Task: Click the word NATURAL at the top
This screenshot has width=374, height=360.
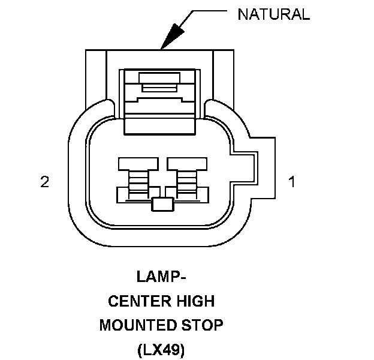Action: pyautogui.click(x=274, y=14)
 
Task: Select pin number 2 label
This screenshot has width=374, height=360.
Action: pyautogui.click(x=44, y=182)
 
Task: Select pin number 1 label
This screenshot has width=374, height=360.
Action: pyautogui.click(x=292, y=182)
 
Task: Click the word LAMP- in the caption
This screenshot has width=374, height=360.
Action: pyautogui.click(x=161, y=277)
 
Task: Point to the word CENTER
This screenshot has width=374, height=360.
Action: pyautogui.click(x=140, y=301)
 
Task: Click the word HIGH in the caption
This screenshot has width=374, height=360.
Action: pyautogui.click(x=195, y=301)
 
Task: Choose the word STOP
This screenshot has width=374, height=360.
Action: pyautogui.click(x=202, y=325)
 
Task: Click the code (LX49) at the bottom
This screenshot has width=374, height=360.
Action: pyautogui.click(x=161, y=350)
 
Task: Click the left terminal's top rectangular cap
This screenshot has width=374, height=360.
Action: pyautogui.click(x=138, y=164)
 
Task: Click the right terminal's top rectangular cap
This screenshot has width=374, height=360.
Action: pyautogui.click(x=187, y=164)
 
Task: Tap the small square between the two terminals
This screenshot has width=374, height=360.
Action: pyautogui.click(x=162, y=205)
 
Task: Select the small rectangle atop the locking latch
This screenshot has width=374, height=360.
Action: pyautogui.click(x=159, y=78)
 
